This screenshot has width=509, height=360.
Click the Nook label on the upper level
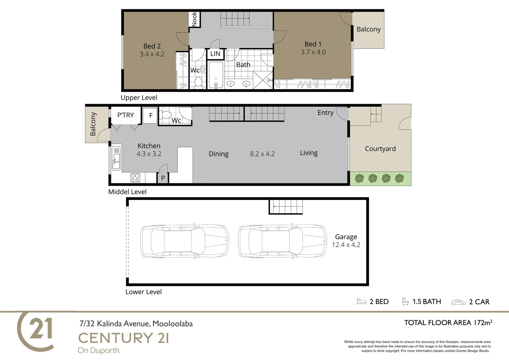194,19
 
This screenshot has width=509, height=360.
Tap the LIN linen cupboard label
215,54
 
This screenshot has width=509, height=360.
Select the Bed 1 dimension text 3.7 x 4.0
313,52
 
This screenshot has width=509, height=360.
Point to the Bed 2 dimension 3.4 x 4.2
152,54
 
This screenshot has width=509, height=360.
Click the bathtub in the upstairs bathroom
216,75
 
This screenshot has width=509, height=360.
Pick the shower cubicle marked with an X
263,80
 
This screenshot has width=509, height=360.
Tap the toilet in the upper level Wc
199,83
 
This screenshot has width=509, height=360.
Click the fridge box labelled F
150,116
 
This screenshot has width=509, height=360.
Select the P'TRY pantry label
126,115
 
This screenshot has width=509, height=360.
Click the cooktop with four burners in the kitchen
135,178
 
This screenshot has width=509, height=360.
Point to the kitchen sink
116,158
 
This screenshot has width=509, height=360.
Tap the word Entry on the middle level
325,113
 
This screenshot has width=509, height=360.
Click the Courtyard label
380,149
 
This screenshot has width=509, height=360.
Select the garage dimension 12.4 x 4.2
346,245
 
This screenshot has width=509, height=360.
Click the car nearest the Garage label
282,241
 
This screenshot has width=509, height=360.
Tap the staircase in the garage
286,207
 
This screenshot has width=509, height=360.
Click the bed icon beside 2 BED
361,301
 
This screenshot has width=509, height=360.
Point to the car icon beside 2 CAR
459,302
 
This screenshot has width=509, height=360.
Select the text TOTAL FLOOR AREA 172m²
448,322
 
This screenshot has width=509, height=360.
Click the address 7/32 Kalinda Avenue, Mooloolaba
136,323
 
